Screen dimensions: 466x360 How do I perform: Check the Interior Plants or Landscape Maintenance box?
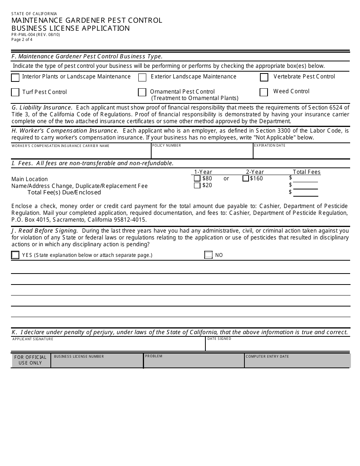point(15,78)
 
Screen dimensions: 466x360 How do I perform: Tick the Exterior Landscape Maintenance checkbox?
point(142,78)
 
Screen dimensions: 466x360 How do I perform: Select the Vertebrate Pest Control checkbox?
point(264,77)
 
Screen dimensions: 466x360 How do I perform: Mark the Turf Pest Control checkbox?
point(15,92)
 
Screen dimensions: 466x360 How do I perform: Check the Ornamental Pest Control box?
point(142,92)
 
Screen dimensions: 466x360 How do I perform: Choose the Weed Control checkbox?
point(264,92)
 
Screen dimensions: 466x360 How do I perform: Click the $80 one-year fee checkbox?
point(197,178)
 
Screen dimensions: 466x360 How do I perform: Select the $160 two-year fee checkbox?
point(246,178)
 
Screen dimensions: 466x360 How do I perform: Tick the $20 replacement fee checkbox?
point(197,186)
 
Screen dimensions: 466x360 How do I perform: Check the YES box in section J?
point(15,255)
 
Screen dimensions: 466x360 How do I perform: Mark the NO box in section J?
point(208,255)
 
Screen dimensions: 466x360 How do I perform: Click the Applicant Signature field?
point(108,346)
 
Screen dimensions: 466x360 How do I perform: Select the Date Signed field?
point(278,346)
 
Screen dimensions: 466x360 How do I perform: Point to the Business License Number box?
point(97,362)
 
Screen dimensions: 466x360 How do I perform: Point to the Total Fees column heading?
point(307,172)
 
